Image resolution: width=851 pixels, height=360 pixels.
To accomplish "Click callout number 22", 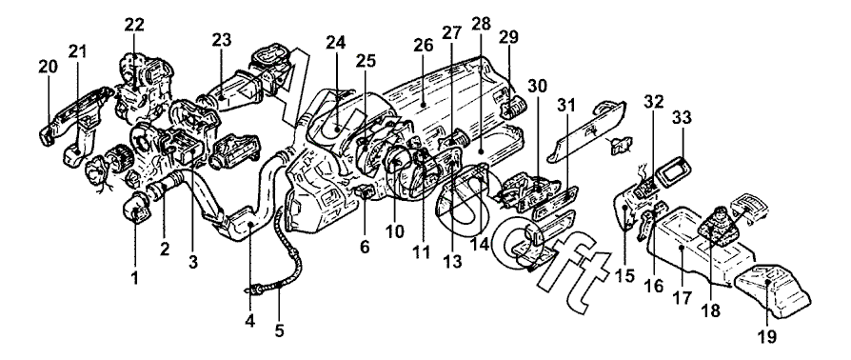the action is click(133, 25).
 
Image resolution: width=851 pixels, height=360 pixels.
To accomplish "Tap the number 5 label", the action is click(279, 330).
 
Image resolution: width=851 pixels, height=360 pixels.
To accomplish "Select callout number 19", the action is click(767, 336).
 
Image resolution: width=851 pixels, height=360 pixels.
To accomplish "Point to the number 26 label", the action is click(423, 46).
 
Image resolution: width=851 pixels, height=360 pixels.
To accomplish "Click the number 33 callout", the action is click(683, 117).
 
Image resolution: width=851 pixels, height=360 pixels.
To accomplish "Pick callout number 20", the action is click(48, 67).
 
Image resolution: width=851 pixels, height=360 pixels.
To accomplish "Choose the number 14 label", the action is click(480, 244).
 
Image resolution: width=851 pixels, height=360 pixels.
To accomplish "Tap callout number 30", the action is click(538, 86).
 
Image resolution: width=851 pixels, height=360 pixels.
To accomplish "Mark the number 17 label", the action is click(683, 299).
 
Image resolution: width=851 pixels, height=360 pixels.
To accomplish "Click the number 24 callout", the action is click(336, 41).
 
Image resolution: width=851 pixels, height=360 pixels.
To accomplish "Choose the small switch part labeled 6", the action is click(363, 191).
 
